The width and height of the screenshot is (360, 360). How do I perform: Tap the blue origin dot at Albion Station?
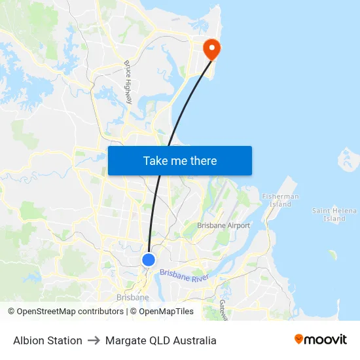coord(149,260)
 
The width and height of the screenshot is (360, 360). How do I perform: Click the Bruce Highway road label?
coord(128,82)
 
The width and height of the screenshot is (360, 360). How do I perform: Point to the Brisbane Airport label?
coord(224,225)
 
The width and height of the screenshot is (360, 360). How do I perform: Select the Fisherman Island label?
coord(280,200)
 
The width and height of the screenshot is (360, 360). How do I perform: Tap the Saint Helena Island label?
coord(334,214)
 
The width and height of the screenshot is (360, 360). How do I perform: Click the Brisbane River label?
coord(184,276)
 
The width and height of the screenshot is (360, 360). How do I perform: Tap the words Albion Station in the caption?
coord(48,340)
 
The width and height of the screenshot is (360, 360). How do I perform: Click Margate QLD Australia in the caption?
coord(160,340)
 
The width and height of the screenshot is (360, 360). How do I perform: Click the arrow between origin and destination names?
coord(94,340)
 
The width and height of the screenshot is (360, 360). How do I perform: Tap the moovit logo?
coord(320,340)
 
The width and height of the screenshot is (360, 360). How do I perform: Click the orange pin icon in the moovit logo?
coord(299,339)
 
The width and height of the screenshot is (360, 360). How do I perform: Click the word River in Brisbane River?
coord(200,279)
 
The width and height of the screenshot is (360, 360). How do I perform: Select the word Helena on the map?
coord(344,211)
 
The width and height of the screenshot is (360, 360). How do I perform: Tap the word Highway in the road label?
coord(130,92)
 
